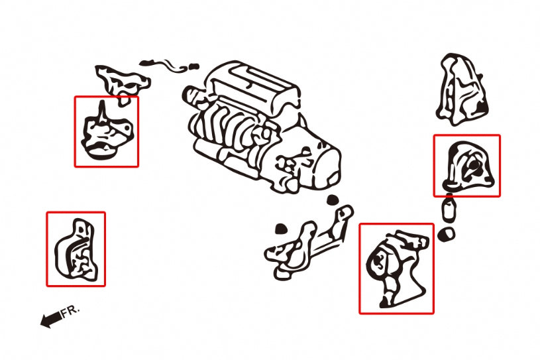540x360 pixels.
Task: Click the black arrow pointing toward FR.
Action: point(50,321)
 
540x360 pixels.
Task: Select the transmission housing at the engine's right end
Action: point(311,162)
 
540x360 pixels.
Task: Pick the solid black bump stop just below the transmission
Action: point(333,200)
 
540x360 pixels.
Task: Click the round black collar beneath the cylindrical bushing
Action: point(448,233)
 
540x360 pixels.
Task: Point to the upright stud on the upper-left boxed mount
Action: point(101,110)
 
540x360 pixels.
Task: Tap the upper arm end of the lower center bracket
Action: point(344,213)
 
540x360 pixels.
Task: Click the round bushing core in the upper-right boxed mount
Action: point(476,166)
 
